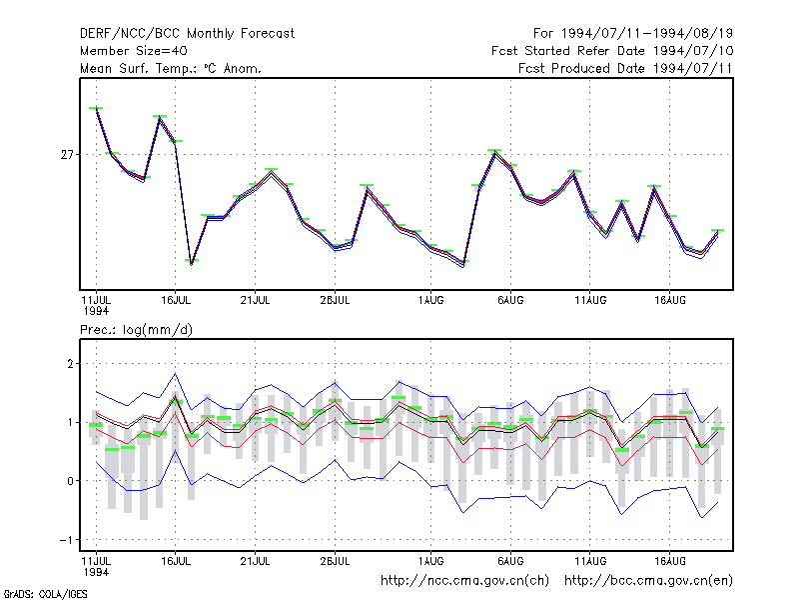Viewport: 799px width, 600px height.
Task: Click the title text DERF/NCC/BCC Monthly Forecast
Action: tap(187, 34)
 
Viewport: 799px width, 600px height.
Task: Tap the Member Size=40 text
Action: tap(134, 51)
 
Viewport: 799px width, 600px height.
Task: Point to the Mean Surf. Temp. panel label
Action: tap(170, 68)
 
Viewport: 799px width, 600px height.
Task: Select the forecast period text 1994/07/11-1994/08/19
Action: tap(646, 34)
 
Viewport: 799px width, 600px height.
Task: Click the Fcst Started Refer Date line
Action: tap(612, 51)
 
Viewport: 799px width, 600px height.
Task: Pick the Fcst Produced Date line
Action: tap(625, 68)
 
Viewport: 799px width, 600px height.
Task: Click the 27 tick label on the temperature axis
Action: tap(67, 155)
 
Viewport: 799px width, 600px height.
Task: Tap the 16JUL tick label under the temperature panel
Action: tap(176, 300)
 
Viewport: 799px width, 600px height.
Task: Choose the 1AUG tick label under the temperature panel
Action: tap(431, 300)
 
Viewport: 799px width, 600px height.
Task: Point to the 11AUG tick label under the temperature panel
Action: tap(590, 300)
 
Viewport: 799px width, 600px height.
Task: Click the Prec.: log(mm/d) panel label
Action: tap(136, 330)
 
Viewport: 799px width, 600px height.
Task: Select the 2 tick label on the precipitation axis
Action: tap(70, 364)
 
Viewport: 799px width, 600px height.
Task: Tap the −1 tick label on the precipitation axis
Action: tap(67, 540)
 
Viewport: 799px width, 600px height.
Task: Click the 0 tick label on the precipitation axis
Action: tap(70, 481)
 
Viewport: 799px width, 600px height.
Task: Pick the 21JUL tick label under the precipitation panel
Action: tap(255, 561)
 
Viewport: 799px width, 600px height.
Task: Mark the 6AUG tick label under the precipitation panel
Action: tap(510, 561)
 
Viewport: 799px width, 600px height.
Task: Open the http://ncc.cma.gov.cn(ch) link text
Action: tap(464, 581)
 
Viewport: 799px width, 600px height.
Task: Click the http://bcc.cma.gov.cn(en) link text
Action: tap(648, 581)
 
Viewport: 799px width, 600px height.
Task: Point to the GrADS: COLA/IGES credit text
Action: tap(45, 594)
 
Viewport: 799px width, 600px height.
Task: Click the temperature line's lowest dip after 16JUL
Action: tap(192, 263)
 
